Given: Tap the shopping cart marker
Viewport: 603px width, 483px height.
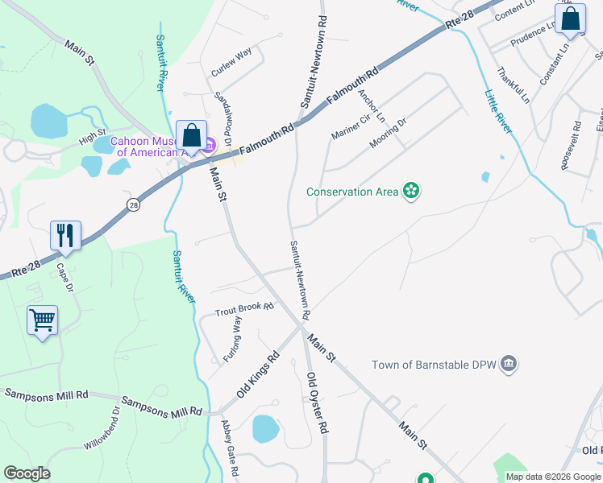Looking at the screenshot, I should click(x=42, y=320).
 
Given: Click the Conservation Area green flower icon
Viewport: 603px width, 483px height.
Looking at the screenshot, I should click(x=411, y=191).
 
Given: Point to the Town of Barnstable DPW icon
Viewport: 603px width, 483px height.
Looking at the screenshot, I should click(x=509, y=364).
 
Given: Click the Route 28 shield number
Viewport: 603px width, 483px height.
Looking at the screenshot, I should click(x=133, y=205).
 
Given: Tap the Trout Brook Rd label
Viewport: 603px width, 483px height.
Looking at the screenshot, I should click(x=244, y=309).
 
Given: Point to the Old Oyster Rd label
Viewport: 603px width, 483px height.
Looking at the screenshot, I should click(x=318, y=402).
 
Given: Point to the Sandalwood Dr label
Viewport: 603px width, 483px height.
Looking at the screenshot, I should click(x=223, y=118).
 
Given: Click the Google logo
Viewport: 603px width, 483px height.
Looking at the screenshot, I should click(x=27, y=473).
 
